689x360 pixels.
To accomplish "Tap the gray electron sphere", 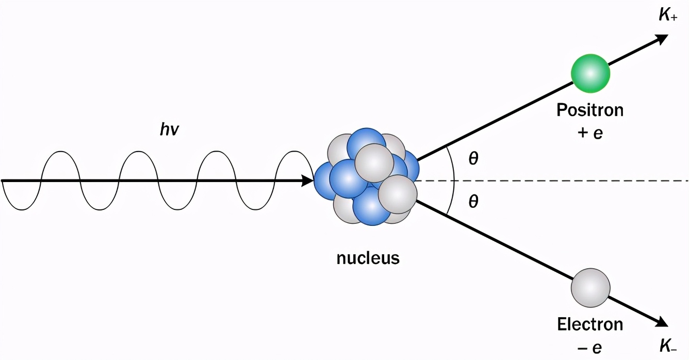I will (590, 288).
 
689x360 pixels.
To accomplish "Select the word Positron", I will (589, 110).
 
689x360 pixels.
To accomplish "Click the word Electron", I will (590, 324).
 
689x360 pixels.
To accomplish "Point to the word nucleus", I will (368, 257).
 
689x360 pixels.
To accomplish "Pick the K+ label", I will (668, 15).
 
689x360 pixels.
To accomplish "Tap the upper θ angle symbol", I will (473, 159).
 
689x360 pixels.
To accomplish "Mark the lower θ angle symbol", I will (473, 202).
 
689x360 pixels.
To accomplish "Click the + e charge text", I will (590, 133).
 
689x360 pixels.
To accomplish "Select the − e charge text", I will (590, 347).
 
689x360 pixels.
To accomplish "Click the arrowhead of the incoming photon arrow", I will (308, 181).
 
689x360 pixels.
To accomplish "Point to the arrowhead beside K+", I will (662, 39).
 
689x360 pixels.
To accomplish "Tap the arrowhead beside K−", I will (662, 322).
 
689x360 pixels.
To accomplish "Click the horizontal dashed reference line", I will (567, 181).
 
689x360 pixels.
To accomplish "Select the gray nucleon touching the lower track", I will (398, 194).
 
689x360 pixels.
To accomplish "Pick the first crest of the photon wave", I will (60, 152).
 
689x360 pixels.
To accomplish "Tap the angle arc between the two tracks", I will (453, 181).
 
